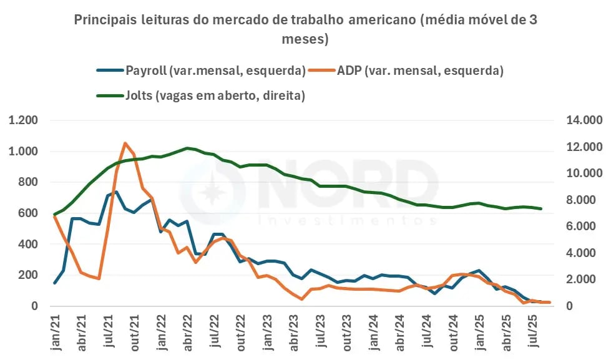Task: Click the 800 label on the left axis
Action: pos(28,182)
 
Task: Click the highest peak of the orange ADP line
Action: pos(125,143)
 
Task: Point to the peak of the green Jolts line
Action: pos(187,148)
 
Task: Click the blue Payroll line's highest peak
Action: pos(116,192)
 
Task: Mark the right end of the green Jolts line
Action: pos(541,208)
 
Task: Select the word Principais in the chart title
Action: pos(102,20)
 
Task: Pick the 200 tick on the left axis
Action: pos(28,275)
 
